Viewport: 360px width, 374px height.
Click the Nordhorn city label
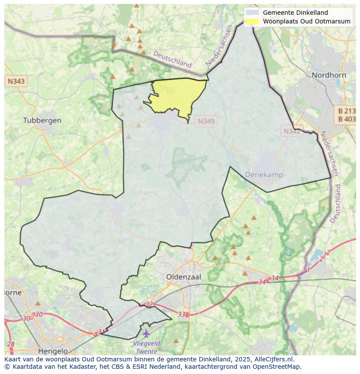[x=329, y=75]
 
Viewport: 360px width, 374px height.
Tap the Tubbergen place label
[x=42, y=120]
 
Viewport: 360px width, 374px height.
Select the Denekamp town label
[x=264, y=175]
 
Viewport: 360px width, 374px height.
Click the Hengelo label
[x=53, y=351]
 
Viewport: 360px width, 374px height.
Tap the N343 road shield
[x=16, y=81]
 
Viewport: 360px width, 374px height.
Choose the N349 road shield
[x=206, y=121]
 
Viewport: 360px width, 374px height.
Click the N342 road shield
[x=292, y=131]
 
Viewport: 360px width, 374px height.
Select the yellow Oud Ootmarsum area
[x=178, y=96]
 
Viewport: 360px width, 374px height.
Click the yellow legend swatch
[x=252, y=21]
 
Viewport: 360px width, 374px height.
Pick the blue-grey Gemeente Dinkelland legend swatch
[x=252, y=13]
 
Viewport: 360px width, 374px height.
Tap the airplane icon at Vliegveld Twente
[x=146, y=334]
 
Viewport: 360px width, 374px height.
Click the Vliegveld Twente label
[x=147, y=347]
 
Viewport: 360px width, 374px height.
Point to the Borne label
[x=12, y=293]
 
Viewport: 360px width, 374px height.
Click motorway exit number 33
[x=182, y=314]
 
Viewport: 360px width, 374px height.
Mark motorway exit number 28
[x=11, y=344]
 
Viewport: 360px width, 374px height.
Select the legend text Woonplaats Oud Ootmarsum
[x=307, y=21]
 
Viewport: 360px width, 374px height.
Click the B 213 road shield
[x=347, y=111]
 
